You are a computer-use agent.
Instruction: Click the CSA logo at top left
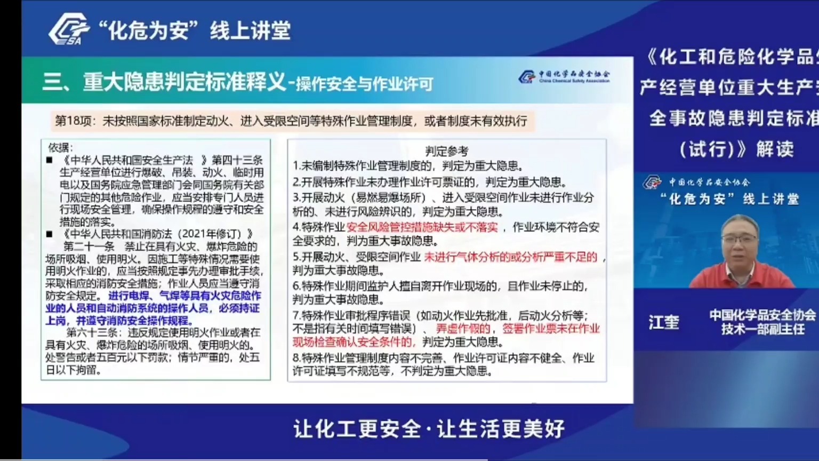click(x=68, y=29)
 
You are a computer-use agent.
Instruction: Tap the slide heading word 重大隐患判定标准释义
click(x=184, y=82)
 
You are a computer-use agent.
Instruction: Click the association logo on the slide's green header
click(x=564, y=77)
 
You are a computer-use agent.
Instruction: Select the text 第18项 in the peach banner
click(x=75, y=121)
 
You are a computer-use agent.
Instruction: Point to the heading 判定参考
click(x=446, y=151)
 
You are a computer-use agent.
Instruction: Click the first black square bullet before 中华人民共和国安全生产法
click(x=50, y=160)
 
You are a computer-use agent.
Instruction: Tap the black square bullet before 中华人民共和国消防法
click(x=50, y=234)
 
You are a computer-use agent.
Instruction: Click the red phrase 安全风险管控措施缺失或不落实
click(x=422, y=227)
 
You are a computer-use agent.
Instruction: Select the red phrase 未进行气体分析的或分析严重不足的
click(x=510, y=257)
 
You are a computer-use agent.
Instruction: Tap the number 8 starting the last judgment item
click(x=296, y=358)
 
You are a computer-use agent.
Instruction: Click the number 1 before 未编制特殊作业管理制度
click(x=296, y=166)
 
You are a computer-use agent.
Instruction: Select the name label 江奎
click(x=664, y=322)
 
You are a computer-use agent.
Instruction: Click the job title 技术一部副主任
click(x=762, y=330)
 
